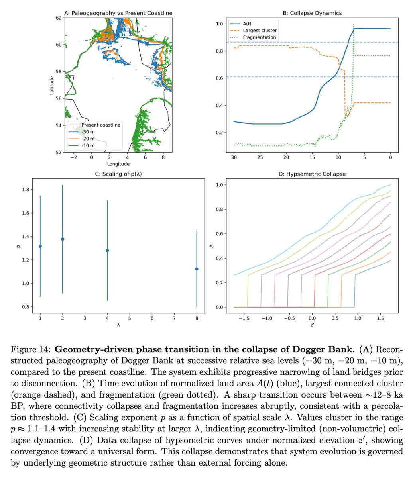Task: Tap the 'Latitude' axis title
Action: (52, 85)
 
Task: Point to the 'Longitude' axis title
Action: (118, 164)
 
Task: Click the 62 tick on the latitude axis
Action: (59, 18)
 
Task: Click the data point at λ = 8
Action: (197, 269)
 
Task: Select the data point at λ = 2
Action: (63, 239)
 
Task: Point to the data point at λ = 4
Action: (107, 251)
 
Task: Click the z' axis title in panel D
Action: (313, 325)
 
